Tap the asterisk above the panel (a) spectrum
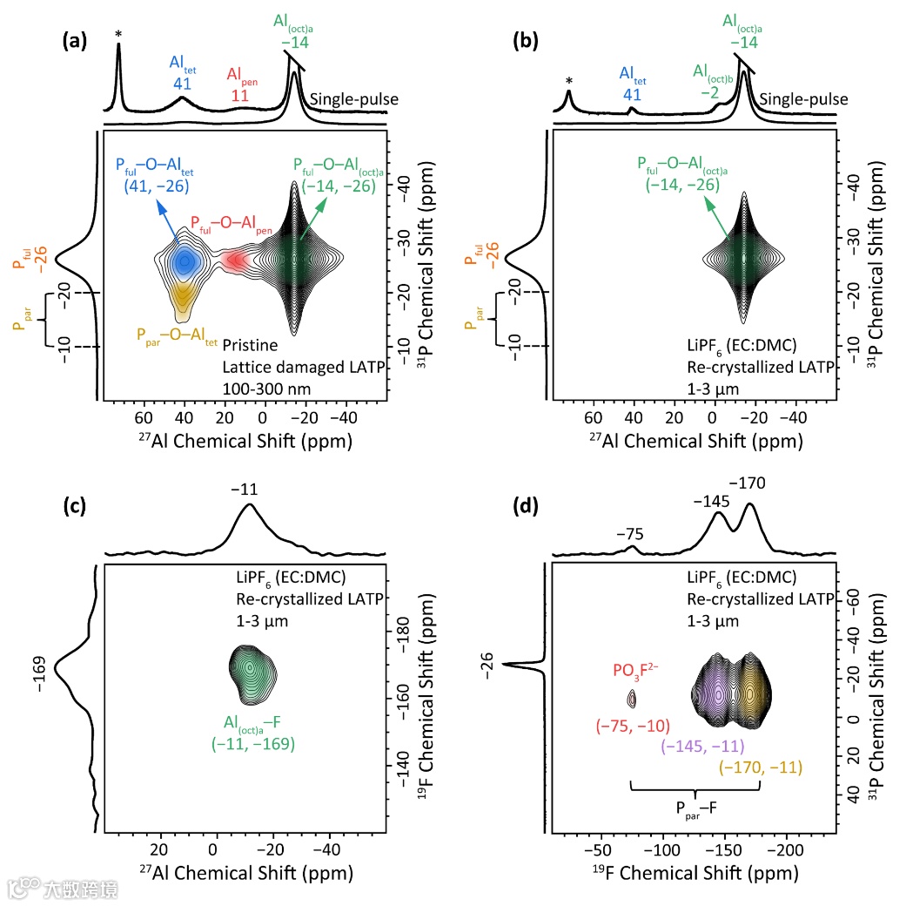118,35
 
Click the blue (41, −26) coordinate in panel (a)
153,186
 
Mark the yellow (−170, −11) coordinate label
760,767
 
